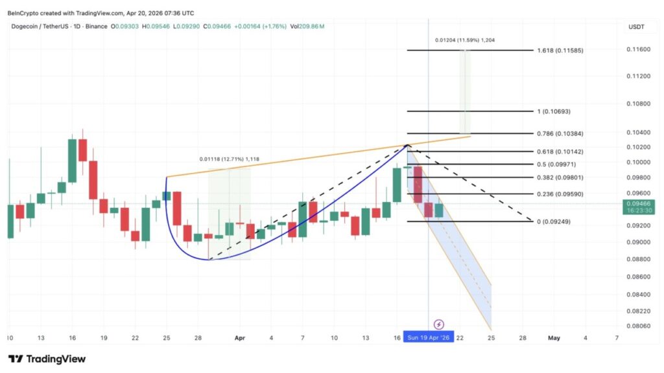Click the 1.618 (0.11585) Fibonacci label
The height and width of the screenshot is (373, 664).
pyautogui.click(x=562, y=50)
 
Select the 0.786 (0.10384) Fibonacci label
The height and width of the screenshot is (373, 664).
pyautogui.click(x=562, y=133)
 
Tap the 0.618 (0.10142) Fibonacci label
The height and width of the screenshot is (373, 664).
pyautogui.click(x=562, y=152)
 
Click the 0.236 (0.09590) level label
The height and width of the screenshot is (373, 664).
pyautogui.click(x=562, y=194)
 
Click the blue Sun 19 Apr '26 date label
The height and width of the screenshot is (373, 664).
pyautogui.click(x=428, y=337)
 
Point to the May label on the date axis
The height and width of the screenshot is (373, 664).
pyautogui.click(x=554, y=337)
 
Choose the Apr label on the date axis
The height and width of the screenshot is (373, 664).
pyautogui.click(x=240, y=337)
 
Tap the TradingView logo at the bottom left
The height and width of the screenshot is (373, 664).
pyautogui.click(x=47, y=359)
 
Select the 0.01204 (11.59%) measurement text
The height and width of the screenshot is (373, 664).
pyautogui.click(x=464, y=40)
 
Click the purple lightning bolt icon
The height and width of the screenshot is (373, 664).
pyautogui.click(x=439, y=324)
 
